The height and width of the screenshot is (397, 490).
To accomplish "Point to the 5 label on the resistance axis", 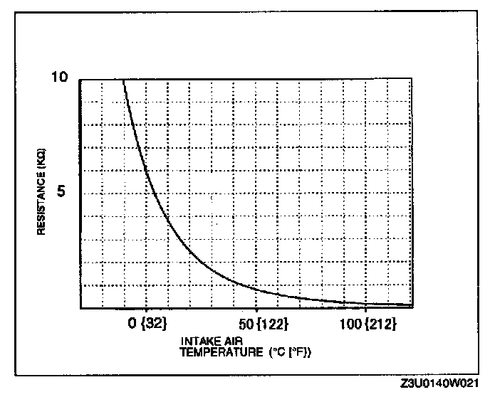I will tap(61, 193).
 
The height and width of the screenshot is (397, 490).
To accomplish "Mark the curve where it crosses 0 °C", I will tap(147, 170).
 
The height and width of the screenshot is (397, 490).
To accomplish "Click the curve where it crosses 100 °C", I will tap(365, 303).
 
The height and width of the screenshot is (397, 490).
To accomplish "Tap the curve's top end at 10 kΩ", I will tap(124, 81).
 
